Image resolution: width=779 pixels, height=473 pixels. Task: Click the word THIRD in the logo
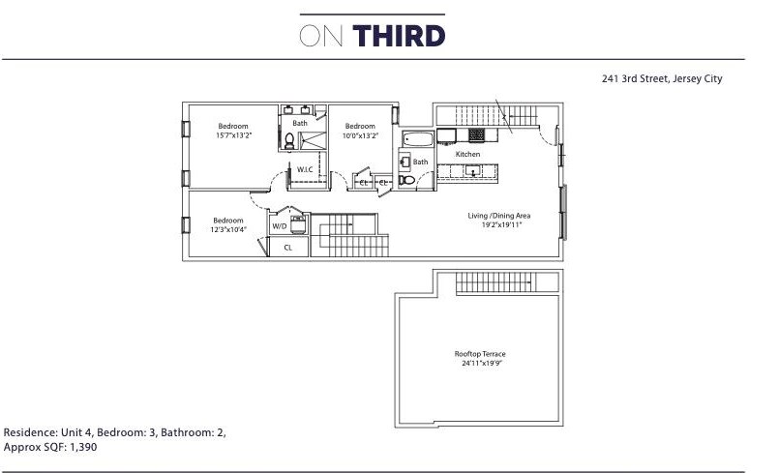[399, 37]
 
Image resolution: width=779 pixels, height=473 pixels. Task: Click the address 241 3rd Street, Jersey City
[662, 79]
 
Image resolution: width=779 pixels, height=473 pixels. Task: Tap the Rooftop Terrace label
[477, 354]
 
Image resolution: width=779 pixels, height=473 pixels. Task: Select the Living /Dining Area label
[498, 216]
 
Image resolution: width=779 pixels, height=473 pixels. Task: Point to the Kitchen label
[467, 155]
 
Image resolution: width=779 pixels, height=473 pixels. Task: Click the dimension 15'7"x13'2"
[232, 135]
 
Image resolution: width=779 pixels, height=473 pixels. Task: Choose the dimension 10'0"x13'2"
[360, 135]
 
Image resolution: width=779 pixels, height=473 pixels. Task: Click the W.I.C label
[305, 170]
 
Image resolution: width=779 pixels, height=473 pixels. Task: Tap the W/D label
[280, 225]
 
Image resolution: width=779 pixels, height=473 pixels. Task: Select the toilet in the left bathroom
[289, 142]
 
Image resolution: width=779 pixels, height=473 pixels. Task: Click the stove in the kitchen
[476, 134]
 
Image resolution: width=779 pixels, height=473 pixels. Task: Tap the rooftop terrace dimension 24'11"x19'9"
[477, 364]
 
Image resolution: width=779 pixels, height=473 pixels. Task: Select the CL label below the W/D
[287, 248]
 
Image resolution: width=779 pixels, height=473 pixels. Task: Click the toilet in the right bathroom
[407, 180]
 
